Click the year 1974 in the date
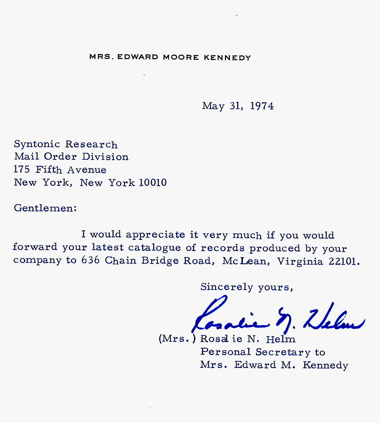[x=262, y=106]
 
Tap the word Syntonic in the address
[x=37, y=144]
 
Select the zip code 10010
[x=153, y=183]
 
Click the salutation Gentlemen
[x=45, y=208]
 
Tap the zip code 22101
[x=344, y=261]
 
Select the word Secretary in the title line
[x=283, y=352]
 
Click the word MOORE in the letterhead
[x=181, y=57]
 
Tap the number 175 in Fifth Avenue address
[x=22, y=170]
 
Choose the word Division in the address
[x=105, y=157]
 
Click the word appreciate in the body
[x=155, y=235]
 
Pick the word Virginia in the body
[x=300, y=261]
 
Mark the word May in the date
[x=213, y=106]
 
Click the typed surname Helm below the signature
[x=281, y=339]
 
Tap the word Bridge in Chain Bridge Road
[x=160, y=261]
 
